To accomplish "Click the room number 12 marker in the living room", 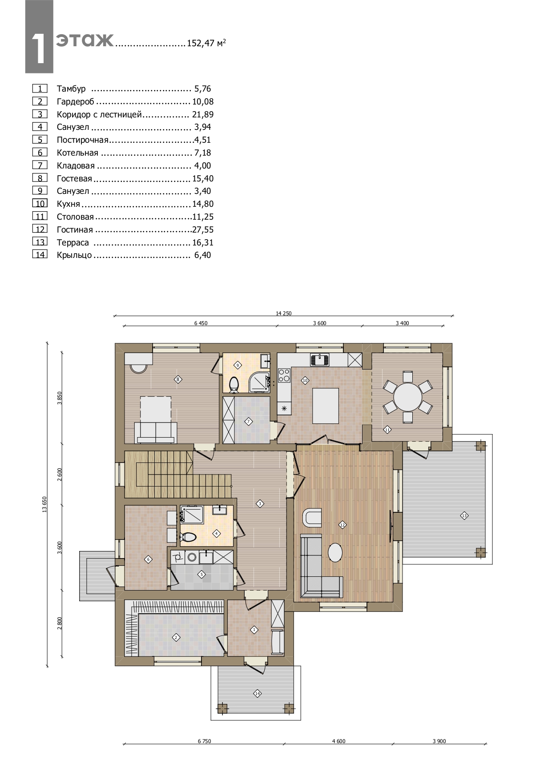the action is (342, 525).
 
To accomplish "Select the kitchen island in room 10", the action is (326, 406).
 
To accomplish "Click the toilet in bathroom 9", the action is (234, 385).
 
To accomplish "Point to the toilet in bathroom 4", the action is (188, 537).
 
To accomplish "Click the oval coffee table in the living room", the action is (335, 553).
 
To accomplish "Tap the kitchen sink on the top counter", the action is (320, 359).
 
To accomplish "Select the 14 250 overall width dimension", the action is (283, 313).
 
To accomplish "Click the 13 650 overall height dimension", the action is (44, 504).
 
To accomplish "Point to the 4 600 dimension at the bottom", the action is (338, 741).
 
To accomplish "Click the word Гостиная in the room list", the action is (75, 230).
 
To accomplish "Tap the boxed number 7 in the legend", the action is (40, 165).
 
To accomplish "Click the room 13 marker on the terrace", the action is (464, 515).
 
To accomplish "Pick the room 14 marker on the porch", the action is (257, 693).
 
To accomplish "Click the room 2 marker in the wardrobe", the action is (176, 637).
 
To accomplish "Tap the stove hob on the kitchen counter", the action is (284, 376).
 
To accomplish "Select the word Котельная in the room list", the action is (77, 153).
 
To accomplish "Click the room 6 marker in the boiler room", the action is (149, 559).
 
